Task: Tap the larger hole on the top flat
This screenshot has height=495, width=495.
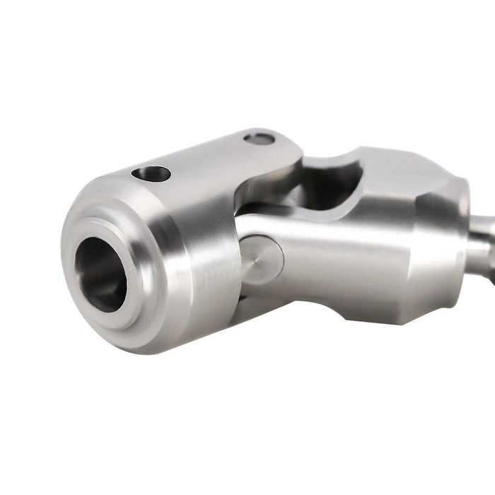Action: coord(151,173)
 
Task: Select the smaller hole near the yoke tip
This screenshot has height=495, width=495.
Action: coord(259,139)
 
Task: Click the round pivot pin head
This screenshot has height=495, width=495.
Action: coord(261,260)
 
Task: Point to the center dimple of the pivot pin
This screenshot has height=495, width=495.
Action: coord(260,260)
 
